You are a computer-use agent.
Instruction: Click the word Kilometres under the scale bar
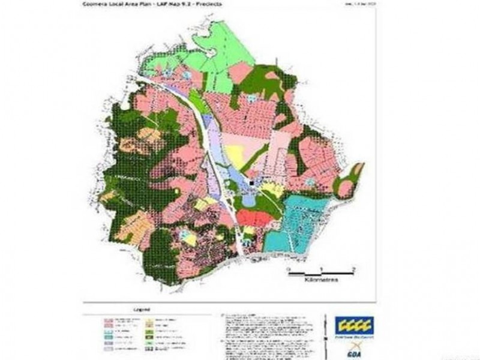click(x=320, y=280)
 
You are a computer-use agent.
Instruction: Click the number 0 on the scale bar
click(x=287, y=268)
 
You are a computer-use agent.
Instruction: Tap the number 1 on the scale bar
click(x=322, y=268)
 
